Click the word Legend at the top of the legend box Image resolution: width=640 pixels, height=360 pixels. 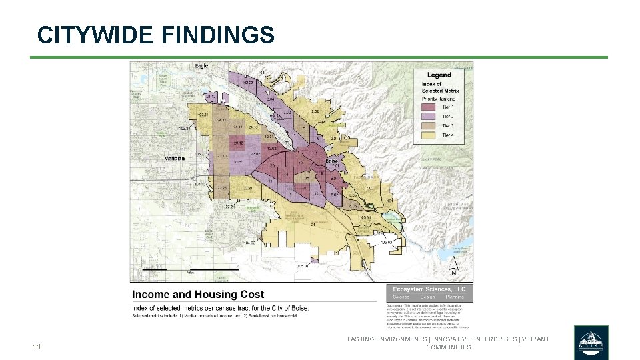[x=439, y=75]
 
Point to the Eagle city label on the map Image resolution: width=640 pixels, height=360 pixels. [x=201, y=67]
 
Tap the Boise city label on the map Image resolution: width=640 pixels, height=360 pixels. [x=331, y=161]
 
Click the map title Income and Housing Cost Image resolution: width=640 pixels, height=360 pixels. [x=198, y=294]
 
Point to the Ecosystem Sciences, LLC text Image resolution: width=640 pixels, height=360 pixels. [x=429, y=289]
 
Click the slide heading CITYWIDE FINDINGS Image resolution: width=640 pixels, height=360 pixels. [x=156, y=35]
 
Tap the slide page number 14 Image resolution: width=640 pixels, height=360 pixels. [x=37, y=347]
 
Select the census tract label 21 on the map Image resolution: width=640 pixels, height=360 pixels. [x=313, y=225]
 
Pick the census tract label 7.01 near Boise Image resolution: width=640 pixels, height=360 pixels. [x=345, y=165]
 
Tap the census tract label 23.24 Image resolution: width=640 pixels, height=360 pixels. [x=248, y=189]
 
